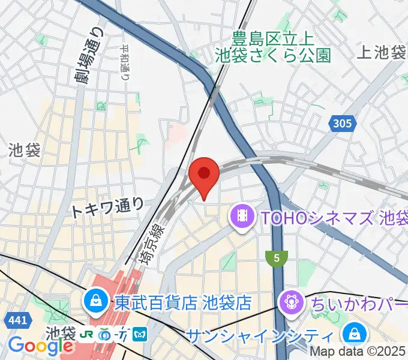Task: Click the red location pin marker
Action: [203, 175]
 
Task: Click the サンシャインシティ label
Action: [260, 335]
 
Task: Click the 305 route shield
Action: [341, 124]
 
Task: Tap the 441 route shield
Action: [17, 321]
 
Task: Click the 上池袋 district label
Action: [381, 53]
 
